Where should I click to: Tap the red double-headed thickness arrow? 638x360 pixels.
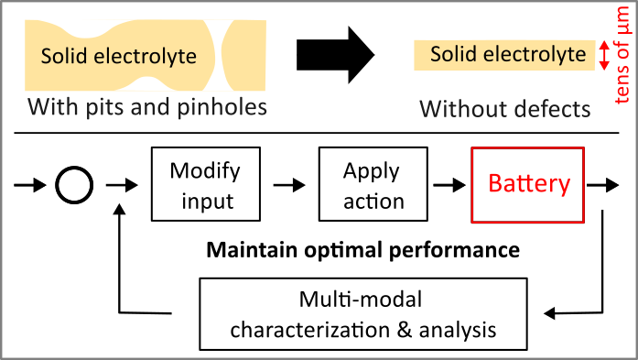pyautogui.click(x=603, y=56)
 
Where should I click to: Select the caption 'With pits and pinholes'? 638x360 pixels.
pyautogui.click(x=146, y=107)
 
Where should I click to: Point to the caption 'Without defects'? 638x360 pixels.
pyautogui.click(x=504, y=109)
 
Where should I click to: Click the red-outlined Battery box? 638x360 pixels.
pyautogui.click(x=528, y=184)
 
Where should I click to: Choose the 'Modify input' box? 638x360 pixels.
pyautogui.click(x=205, y=184)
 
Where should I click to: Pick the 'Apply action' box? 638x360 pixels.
pyautogui.click(x=373, y=184)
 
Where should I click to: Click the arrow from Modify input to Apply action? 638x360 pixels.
pyautogui.click(x=289, y=185)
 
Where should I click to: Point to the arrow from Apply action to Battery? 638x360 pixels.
pyautogui.click(x=449, y=185)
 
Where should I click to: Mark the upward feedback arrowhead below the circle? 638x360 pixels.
pyautogui.click(x=120, y=212)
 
